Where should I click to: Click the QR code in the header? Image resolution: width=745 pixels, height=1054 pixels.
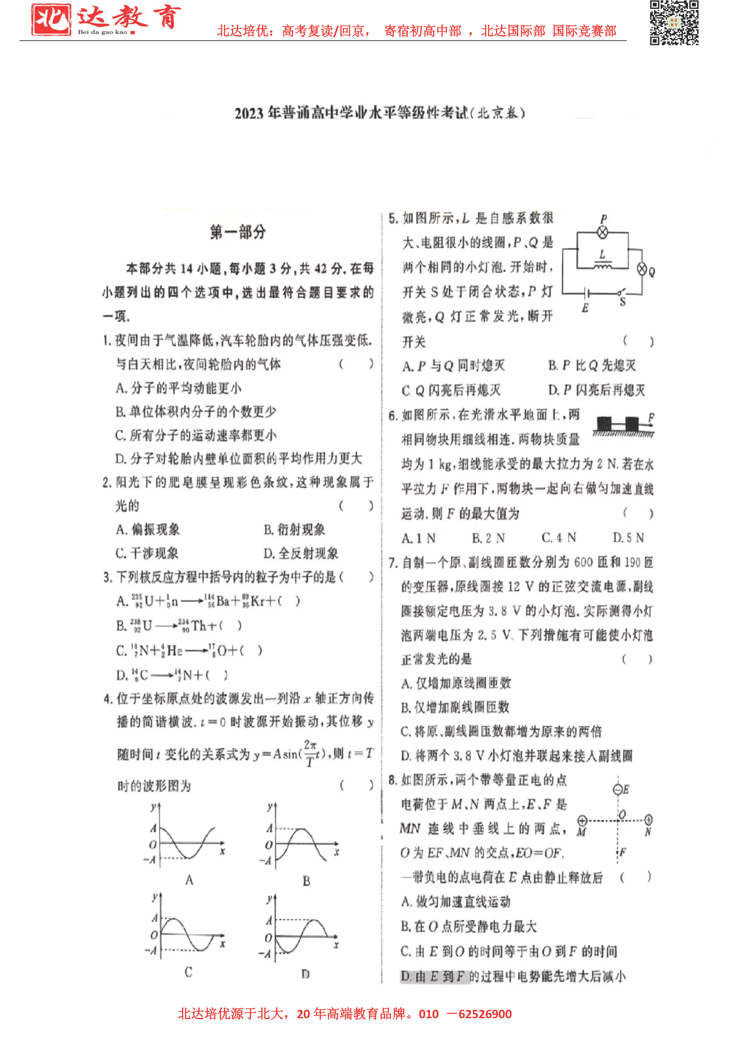coord(674,23)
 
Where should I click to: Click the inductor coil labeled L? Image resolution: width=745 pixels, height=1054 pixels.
coord(602,265)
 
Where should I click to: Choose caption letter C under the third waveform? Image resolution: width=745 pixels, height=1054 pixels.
coord(188,972)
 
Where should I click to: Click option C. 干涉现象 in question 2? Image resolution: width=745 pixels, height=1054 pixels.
coord(147,553)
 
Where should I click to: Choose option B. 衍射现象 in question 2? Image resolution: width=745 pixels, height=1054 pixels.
coord(294,529)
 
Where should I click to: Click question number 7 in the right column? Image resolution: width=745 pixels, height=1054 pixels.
coord(392,563)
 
